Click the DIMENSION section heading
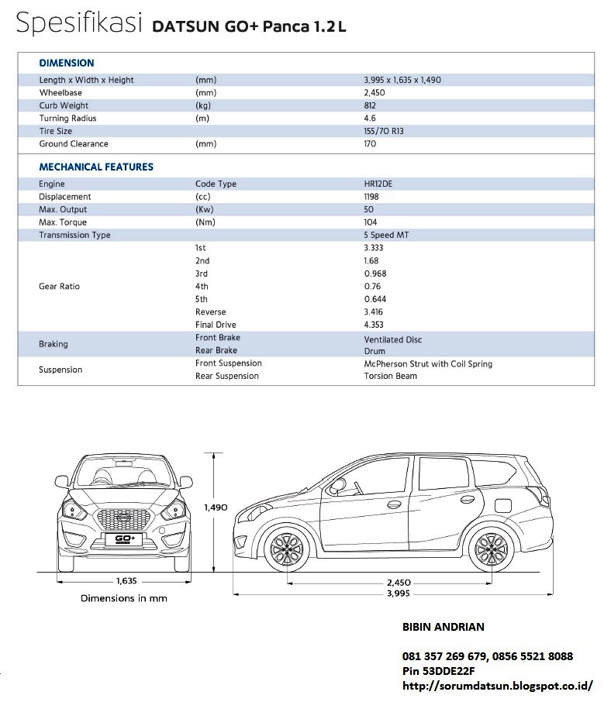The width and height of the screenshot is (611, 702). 67,63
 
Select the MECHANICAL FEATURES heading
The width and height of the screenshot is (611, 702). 96,167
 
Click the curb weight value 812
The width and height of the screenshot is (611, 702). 370,105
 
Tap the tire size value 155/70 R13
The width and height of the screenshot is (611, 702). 384,131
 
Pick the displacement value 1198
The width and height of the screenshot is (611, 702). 372,197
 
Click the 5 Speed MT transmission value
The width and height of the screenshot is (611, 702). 386,236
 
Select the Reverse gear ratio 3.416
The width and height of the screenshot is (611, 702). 374,312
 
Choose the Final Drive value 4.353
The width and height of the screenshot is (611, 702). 374,325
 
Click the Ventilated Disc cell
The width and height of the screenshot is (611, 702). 392,339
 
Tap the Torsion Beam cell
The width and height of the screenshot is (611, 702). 390,376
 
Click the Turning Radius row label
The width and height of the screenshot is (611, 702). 67,119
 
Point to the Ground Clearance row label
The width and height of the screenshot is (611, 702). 74,144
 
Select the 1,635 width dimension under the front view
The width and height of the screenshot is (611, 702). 126,580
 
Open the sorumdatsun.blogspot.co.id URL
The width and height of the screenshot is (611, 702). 498,686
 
